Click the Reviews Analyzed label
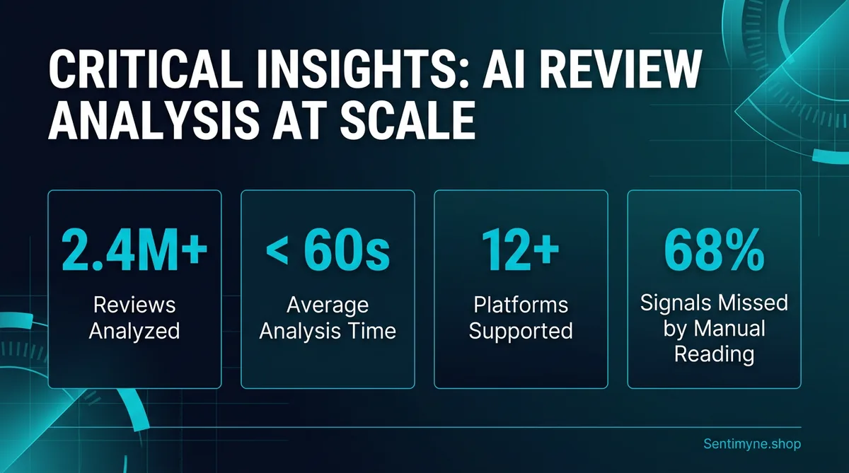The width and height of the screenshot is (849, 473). pyautogui.click(x=134, y=317)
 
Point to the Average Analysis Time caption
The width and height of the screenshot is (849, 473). pyautogui.click(x=327, y=317)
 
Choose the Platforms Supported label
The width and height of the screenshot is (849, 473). pyautogui.click(x=520, y=317)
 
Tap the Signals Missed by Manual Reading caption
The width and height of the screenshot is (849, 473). pyautogui.click(x=714, y=328)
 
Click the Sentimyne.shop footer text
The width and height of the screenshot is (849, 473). pyautogui.click(x=752, y=444)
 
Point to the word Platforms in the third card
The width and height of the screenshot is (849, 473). pyautogui.click(x=520, y=305)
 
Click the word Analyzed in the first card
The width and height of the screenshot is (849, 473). pyautogui.click(x=134, y=329)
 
